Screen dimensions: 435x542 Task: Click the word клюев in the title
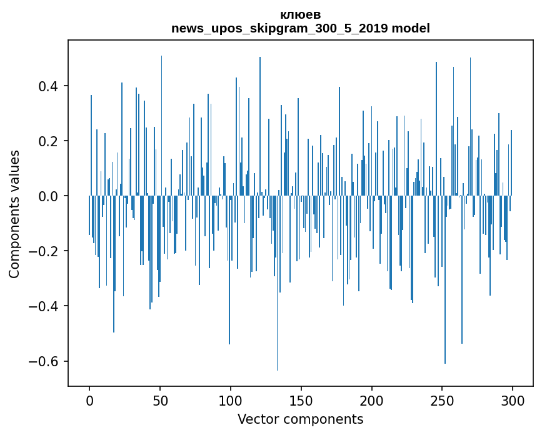point(301,14)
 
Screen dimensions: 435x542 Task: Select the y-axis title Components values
point(14,214)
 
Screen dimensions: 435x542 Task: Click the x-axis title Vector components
point(300,419)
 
